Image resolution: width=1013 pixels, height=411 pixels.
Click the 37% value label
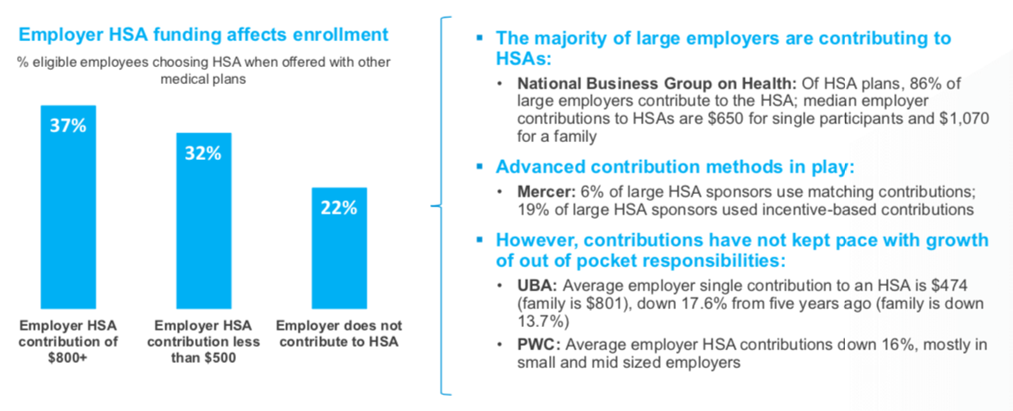point(67,125)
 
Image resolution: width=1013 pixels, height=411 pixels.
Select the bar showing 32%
point(203,223)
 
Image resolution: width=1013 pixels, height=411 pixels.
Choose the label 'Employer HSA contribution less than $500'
point(203,341)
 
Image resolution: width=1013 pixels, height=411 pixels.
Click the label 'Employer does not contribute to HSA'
point(340,333)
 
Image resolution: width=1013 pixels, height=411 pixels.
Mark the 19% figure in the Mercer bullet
point(534,209)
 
